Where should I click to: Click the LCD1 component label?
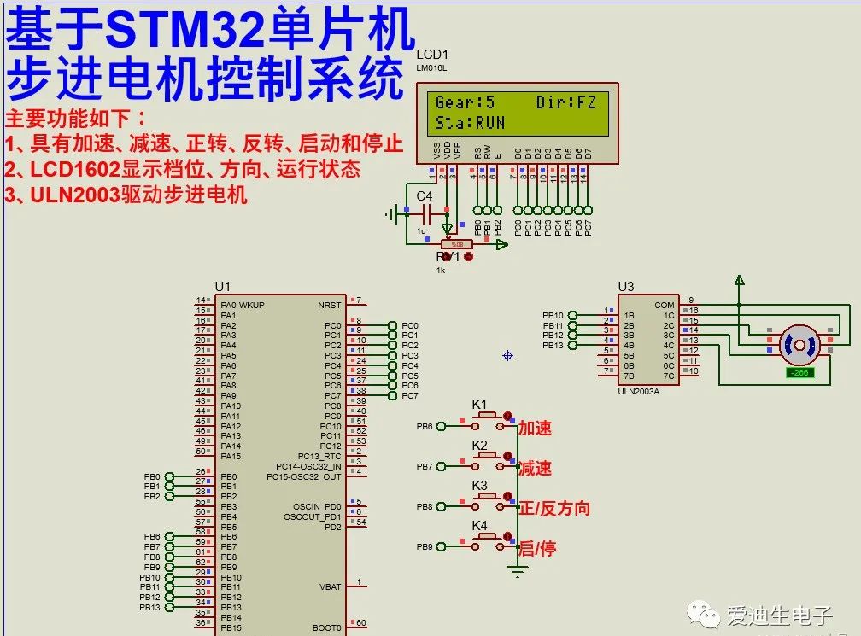(x=432, y=55)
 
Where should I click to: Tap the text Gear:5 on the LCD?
(x=465, y=102)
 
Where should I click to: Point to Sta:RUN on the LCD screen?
(x=470, y=123)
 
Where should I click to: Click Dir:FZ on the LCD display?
(x=566, y=102)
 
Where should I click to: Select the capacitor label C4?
(x=425, y=196)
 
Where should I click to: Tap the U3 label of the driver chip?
(x=626, y=287)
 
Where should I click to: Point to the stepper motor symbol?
(x=799, y=345)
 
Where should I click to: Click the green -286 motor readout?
(x=800, y=372)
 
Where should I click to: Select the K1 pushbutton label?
(x=480, y=404)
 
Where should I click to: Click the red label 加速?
(x=536, y=429)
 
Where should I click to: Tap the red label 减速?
(x=536, y=468)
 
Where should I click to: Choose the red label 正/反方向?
(x=554, y=509)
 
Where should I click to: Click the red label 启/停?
(x=537, y=548)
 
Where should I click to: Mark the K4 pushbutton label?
(x=480, y=525)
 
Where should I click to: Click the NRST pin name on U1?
(x=330, y=305)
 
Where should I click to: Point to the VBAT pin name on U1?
(x=331, y=587)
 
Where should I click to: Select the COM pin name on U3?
(x=664, y=305)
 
